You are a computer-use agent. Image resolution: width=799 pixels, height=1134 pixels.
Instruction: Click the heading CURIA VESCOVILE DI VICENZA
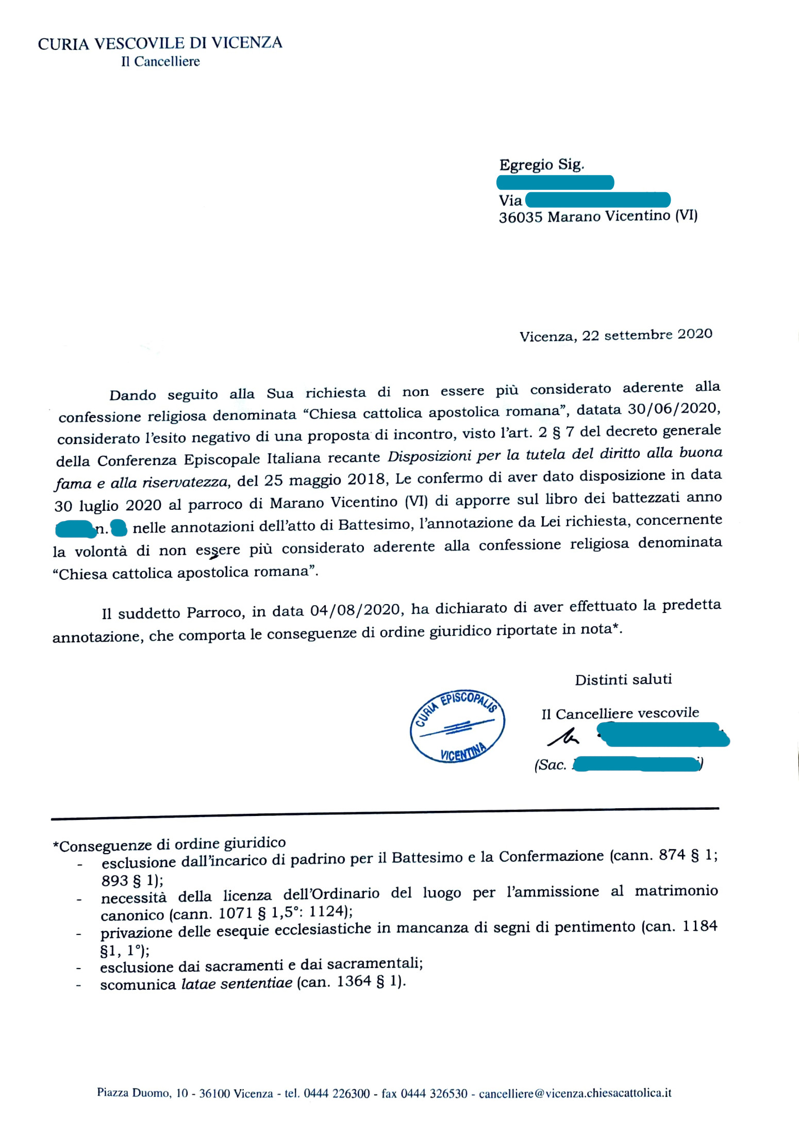pos(160,43)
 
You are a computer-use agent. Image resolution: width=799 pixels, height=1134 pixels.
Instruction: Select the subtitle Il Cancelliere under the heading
pos(160,62)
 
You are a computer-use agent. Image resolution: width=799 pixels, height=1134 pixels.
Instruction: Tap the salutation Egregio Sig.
pos(541,165)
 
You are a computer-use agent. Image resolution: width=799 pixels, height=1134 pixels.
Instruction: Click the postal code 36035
pos(520,218)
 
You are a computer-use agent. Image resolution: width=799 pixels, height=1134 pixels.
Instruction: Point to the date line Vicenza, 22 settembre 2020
pos(615,336)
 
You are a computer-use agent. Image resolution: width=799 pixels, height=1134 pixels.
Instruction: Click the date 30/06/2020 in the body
pos(673,409)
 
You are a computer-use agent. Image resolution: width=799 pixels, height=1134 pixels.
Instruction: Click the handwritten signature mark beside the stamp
pos(563,738)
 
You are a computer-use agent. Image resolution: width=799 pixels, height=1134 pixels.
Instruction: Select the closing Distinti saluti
pos(623,679)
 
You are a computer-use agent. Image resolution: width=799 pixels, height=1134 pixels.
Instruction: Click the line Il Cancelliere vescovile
pos(620,713)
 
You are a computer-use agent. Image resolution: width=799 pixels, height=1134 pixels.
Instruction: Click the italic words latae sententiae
pos(237,983)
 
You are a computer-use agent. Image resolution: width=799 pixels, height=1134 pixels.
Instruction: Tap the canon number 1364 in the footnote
pos(354,981)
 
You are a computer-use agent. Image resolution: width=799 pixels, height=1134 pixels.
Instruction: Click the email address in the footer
pos(575,1093)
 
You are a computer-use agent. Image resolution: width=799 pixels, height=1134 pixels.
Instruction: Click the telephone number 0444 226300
pos(337,1093)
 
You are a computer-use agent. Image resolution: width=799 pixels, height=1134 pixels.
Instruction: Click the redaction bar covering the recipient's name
pos(555,182)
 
